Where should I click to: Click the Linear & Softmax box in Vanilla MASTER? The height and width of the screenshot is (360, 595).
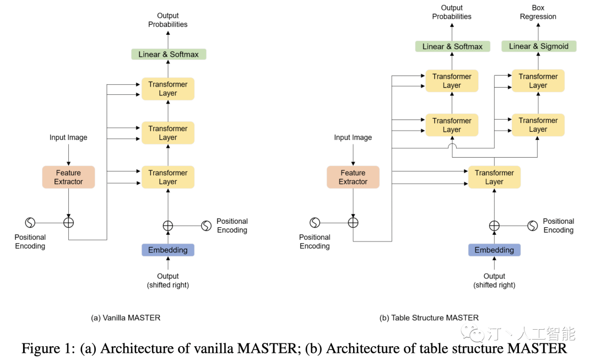click(169, 54)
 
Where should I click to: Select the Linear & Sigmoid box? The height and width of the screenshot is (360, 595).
click(538, 46)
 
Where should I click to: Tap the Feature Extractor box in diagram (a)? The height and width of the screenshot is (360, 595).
click(68, 177)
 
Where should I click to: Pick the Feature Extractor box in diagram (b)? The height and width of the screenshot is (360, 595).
click(353, 177)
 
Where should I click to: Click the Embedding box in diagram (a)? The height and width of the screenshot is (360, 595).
click(168, 250)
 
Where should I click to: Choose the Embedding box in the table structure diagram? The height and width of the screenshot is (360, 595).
click(494, 250)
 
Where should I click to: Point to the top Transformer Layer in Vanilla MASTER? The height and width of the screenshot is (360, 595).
click(168, 89)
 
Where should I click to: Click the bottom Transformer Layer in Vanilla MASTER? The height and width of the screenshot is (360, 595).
click(168, 177)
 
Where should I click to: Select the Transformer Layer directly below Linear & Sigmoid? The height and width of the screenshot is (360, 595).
click(538, 80)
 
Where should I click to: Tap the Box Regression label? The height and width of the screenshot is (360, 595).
click(538, 12)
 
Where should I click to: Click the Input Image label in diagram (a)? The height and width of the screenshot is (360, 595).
click(68, 137)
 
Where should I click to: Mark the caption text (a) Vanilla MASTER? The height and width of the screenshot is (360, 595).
click(126, 318)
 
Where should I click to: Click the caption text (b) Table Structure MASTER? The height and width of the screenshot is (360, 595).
click(429, 318)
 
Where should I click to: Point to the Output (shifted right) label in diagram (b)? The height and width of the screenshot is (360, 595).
click(494, 281)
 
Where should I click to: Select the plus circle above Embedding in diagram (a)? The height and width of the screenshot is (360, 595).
click(168, 225)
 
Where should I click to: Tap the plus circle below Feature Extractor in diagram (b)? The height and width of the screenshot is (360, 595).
click(353, 222)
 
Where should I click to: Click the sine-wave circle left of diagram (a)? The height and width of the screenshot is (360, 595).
click(30, 222)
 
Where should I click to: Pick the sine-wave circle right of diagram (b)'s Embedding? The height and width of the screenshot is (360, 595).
click(532, 225)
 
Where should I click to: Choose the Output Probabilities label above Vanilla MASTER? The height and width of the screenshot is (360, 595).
click(168, 20)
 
